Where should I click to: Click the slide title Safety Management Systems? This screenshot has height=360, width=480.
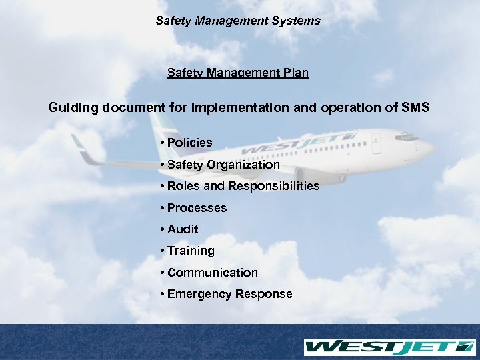click(238, 21)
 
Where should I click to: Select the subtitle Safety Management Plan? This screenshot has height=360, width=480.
click(238, 72)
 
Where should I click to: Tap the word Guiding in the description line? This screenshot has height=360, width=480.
click(73, 107)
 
